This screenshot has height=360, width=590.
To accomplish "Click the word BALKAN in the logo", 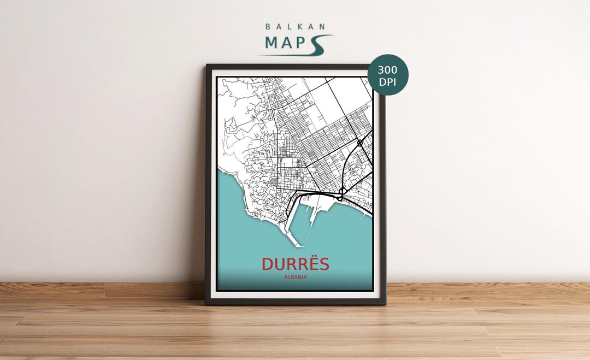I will coord(296,26).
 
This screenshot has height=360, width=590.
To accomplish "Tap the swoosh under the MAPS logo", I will coord(306,50).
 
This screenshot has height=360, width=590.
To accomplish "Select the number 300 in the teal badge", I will coord(388,70).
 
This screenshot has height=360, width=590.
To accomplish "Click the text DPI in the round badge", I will coord(388,82).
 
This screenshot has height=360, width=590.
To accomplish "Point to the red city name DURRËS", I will coord(296,264).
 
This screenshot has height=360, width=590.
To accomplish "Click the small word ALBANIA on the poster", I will coord(296,277).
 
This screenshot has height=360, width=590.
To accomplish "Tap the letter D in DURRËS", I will coord(267,264).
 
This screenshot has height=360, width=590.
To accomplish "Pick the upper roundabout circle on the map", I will coord(359,143).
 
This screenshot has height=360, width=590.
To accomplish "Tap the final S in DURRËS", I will coord(324,264).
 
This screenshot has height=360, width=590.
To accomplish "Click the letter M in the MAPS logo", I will coord(273,43).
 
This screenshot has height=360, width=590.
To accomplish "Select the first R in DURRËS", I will coord(288,264).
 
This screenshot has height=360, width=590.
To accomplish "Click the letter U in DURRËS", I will coord(278,264).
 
